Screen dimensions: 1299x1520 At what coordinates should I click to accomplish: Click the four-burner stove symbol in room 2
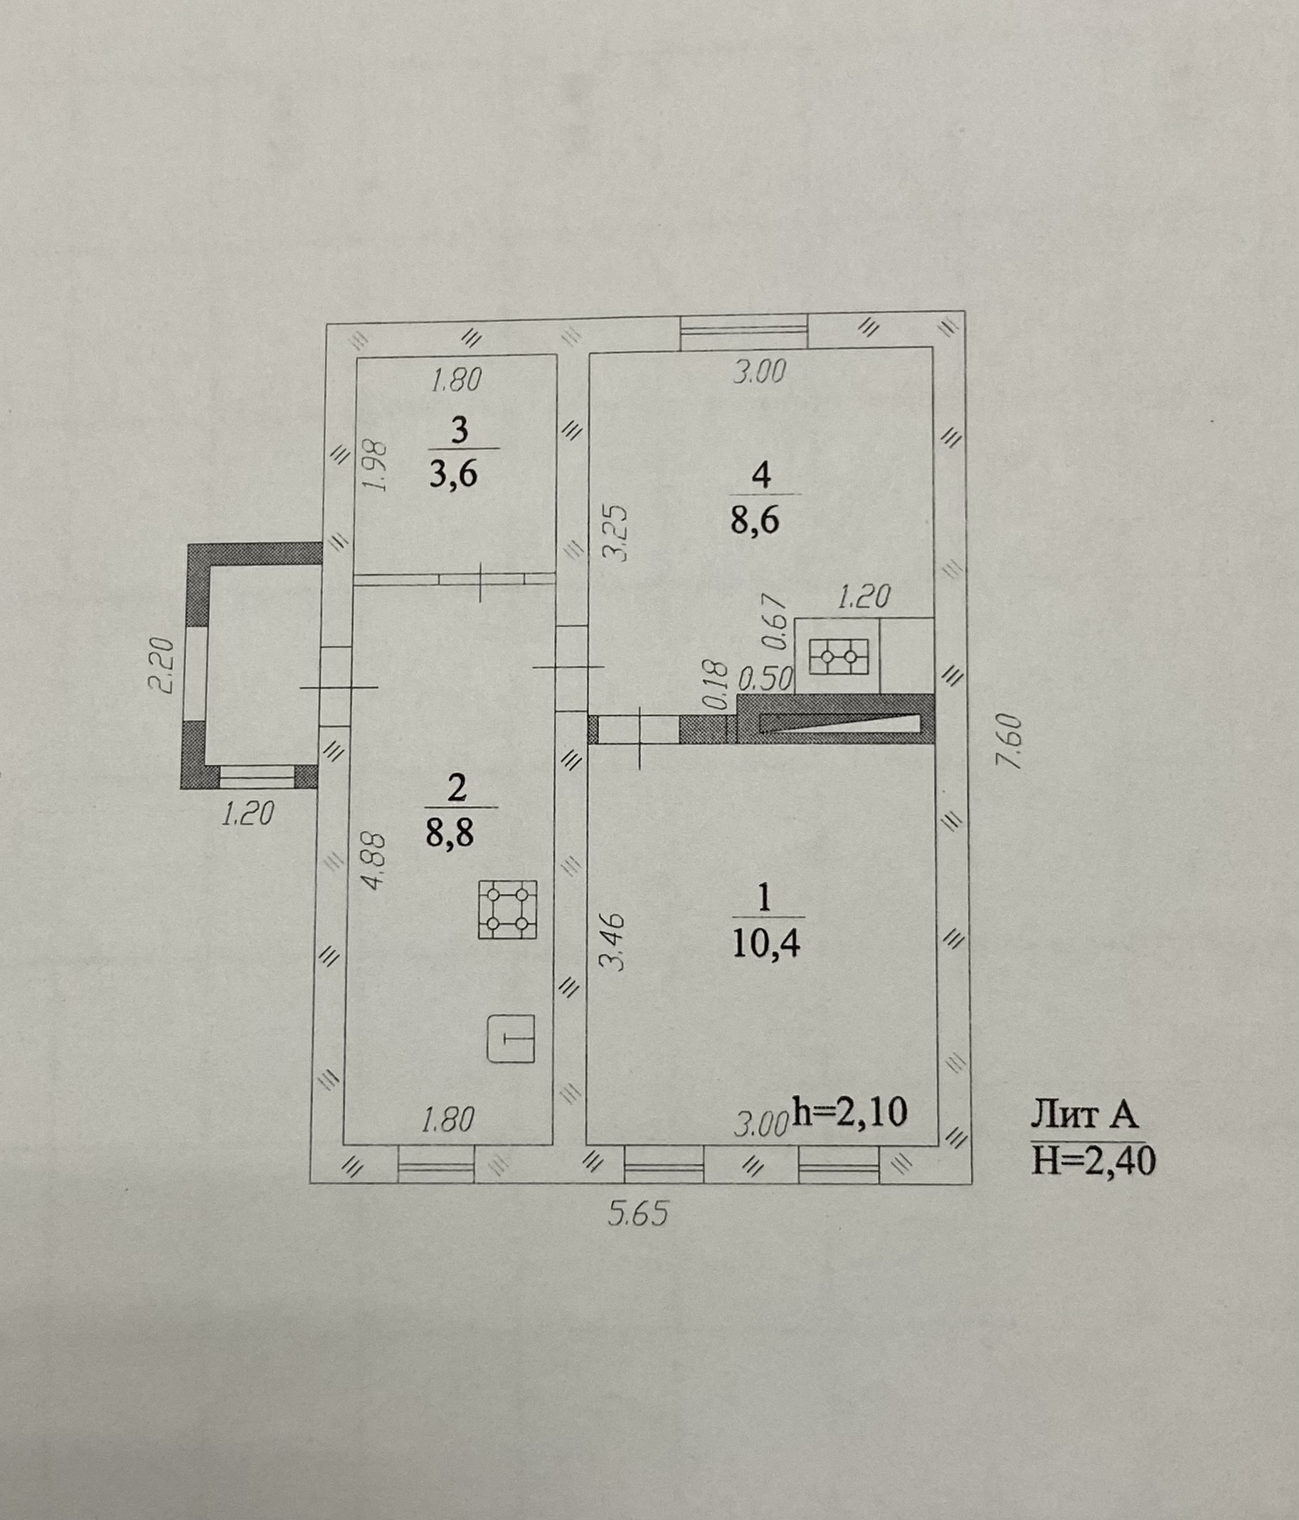point(507,909)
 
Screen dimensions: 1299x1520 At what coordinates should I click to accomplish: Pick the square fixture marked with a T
point(511,1038)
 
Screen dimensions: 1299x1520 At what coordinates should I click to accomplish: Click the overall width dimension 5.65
point(638,1214)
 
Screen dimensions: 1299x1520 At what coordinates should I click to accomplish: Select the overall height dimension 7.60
point(1010,741)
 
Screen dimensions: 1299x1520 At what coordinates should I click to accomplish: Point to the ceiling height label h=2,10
point(851,1112)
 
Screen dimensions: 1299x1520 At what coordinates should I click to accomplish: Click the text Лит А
point(1084,1115)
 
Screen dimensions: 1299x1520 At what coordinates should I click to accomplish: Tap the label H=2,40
point(1093,1161)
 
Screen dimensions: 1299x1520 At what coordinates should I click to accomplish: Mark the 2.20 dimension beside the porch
point(161,666)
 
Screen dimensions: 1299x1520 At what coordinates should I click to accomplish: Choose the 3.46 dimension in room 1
point(615,942)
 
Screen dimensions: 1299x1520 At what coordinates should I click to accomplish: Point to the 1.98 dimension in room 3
point(375,466)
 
